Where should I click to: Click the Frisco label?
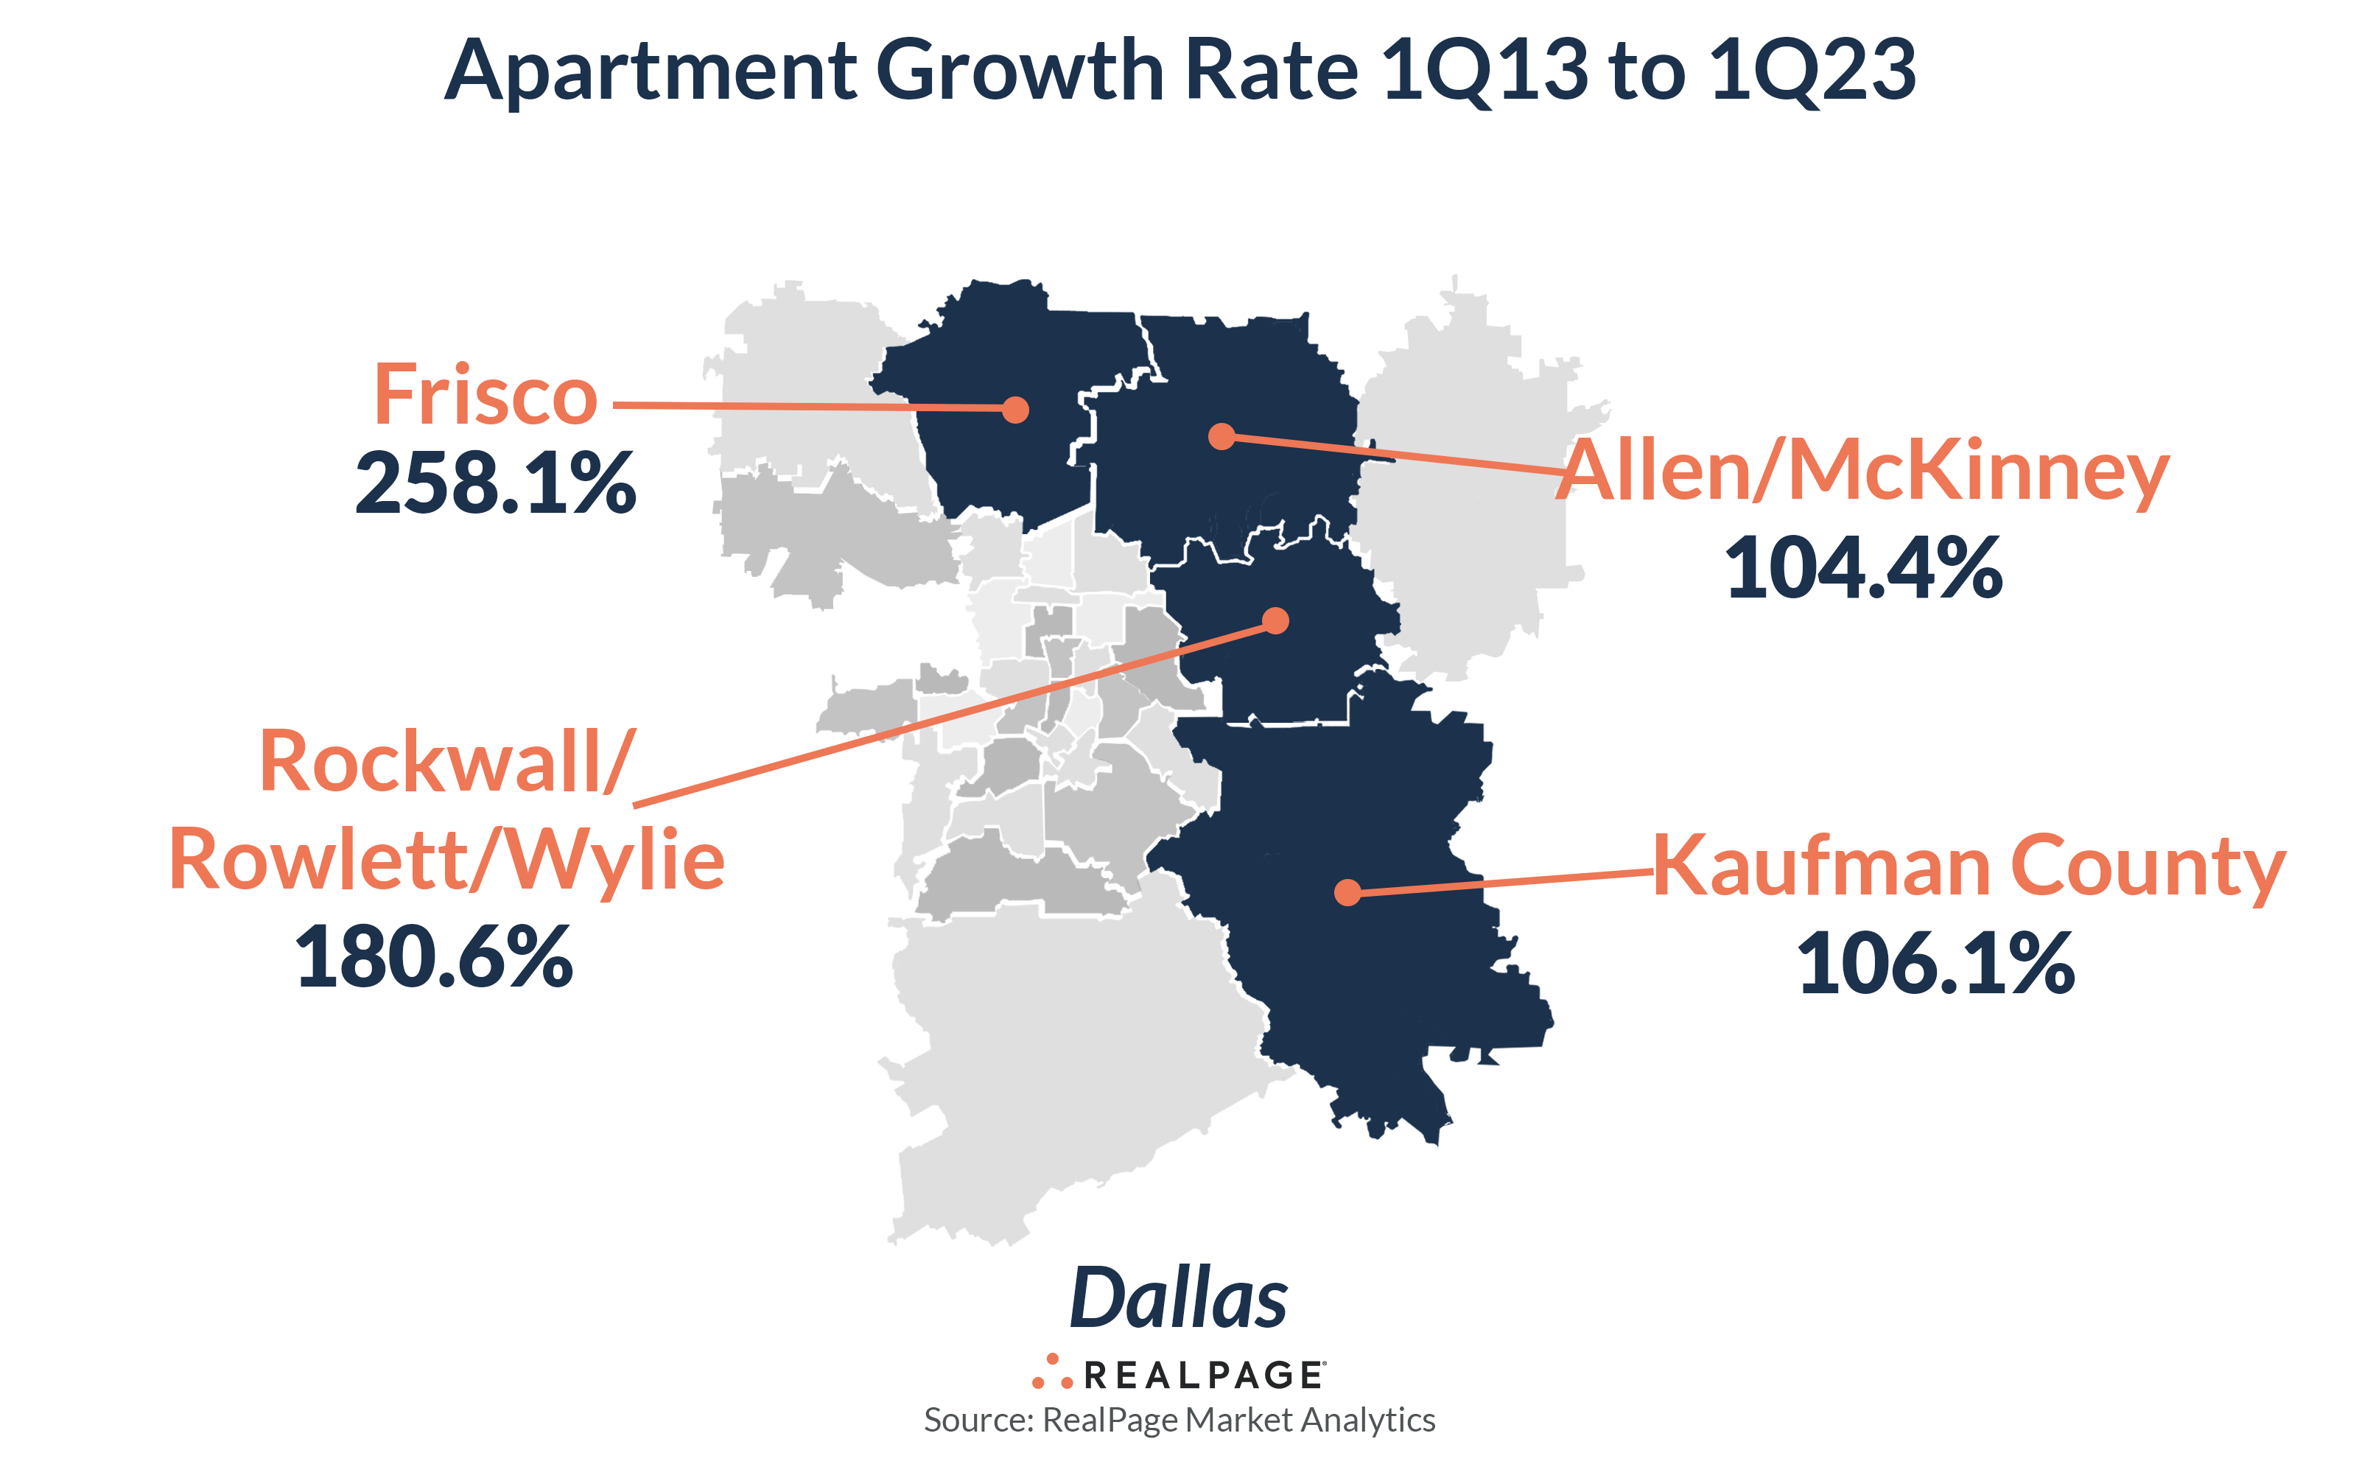click(486, 395)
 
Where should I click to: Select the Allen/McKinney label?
click(1863, 472)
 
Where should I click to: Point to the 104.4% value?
click(1863, 568)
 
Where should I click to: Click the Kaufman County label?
click(1968, 866)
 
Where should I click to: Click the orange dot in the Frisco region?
click(1014, 410)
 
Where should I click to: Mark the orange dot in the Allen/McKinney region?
click(1221, 437)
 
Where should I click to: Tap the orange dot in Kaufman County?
click(1347, 892)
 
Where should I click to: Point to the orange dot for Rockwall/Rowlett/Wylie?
click(1276, 620)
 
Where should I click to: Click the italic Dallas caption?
click(1179, 1298)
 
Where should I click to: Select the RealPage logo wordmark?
click(1203, 1375)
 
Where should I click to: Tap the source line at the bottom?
click(1179, 1420)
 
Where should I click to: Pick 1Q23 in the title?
click(1811, 71)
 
